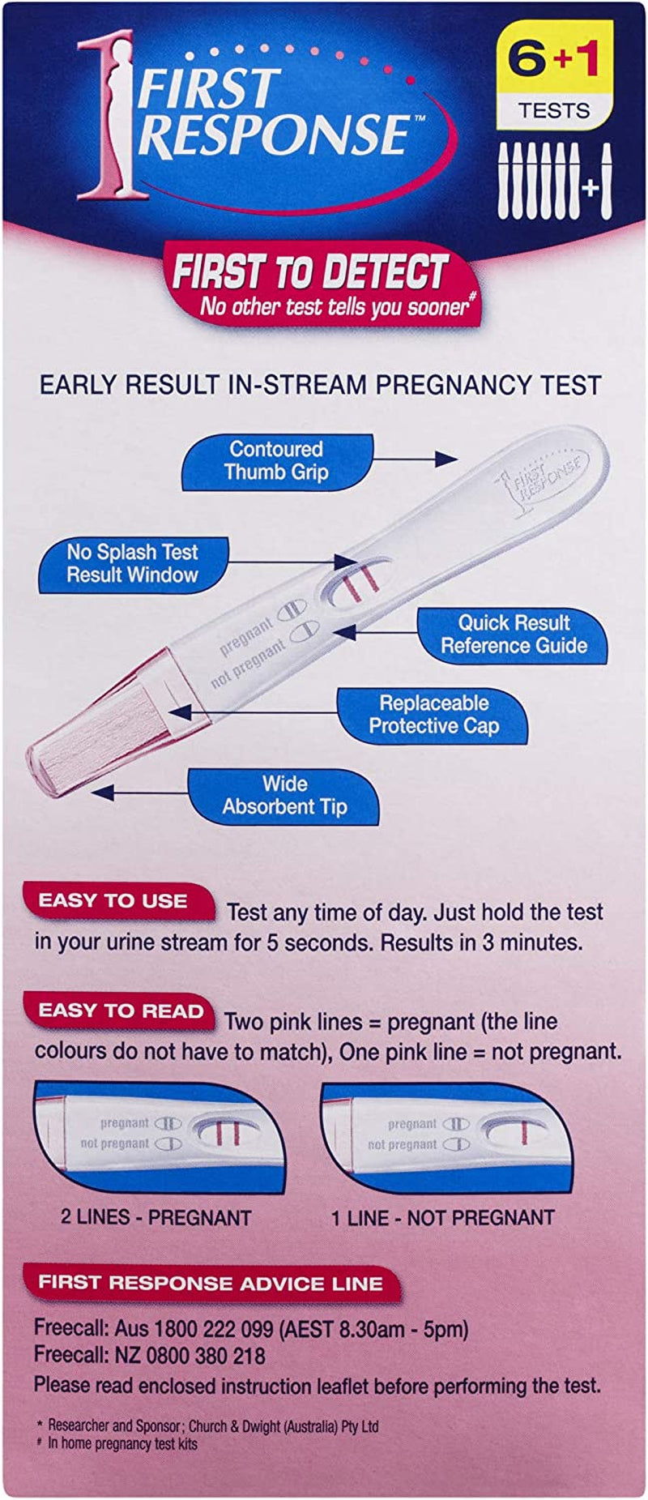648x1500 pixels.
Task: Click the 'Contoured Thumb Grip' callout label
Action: click(276, 461)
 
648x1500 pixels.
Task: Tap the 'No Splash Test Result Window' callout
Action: click(133, 564)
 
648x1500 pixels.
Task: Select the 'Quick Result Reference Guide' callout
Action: click(514, 635)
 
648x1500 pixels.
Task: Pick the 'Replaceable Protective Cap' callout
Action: click(433, 715)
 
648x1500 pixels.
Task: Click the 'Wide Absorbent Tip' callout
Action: click(284, 796)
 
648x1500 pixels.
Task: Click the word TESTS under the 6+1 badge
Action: click(555, 111)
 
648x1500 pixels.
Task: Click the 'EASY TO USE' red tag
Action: click(114, 901)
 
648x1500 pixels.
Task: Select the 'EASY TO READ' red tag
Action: click(121, 1011)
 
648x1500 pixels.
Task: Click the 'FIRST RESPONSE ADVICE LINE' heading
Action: click(211, 1283)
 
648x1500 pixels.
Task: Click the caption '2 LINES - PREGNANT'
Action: click(156, 1217)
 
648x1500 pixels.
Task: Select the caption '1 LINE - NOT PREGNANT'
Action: click(442, 1217)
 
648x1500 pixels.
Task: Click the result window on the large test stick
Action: click(355, 581)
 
